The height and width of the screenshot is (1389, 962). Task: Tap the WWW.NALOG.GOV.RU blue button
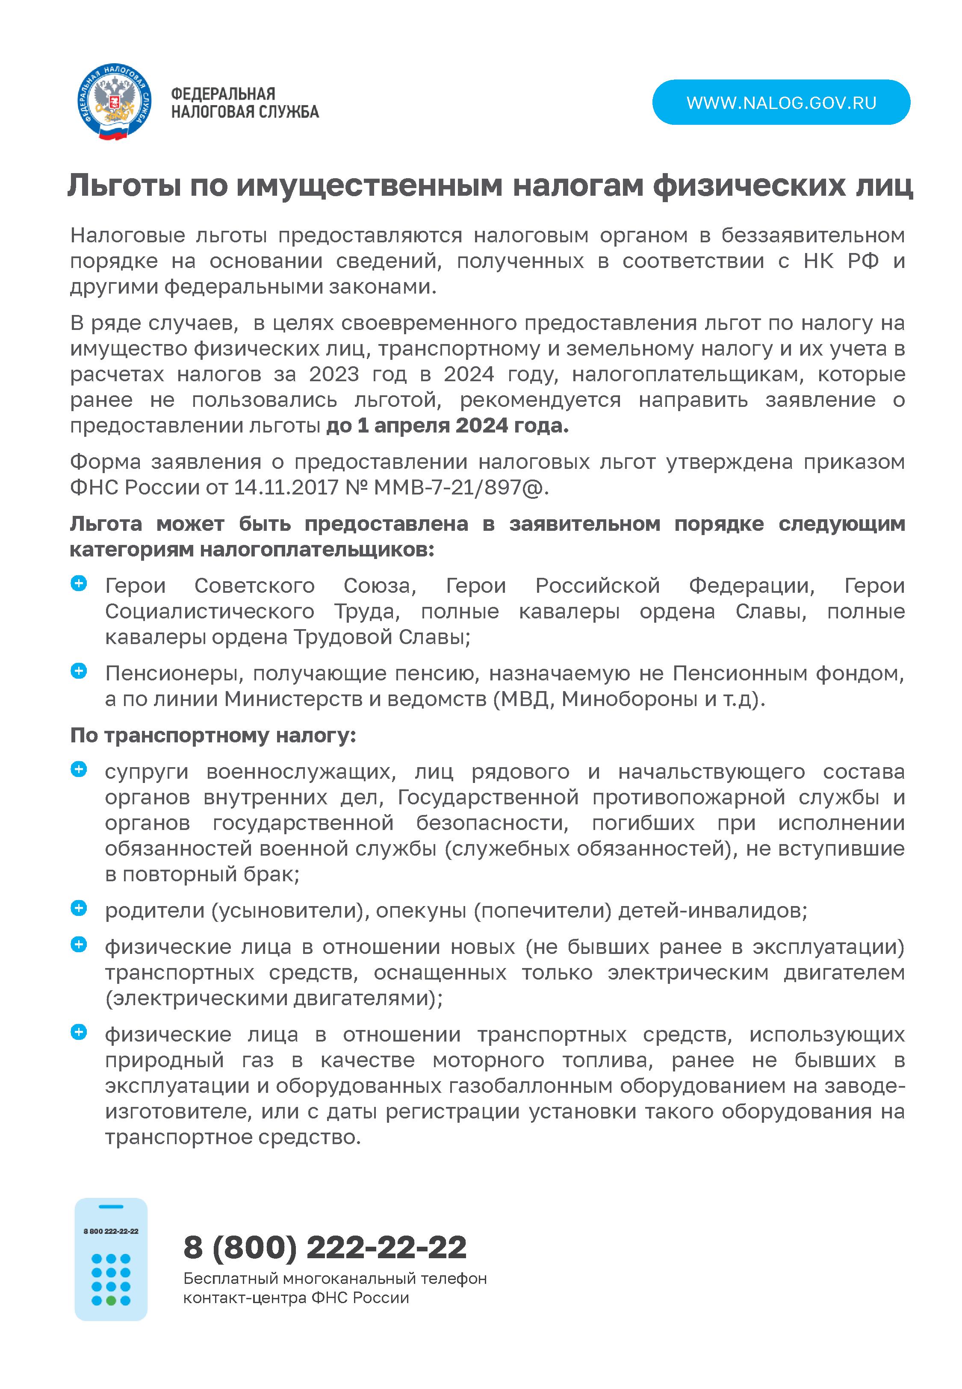tap(781, 103)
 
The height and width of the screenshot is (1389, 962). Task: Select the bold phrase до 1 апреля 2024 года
tap(447, 425)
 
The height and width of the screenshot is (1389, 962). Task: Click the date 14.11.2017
tap(286, 487)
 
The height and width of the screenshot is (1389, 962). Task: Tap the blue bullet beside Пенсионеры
tap(79, 671)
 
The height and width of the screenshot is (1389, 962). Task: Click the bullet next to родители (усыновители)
tap(79, 908)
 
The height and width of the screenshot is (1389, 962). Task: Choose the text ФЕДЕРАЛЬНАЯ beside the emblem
tap(223, 94)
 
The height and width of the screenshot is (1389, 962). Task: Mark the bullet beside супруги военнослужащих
tap(79, 769)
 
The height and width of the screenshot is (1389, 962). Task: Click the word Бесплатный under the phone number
tap(230, 1278)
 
